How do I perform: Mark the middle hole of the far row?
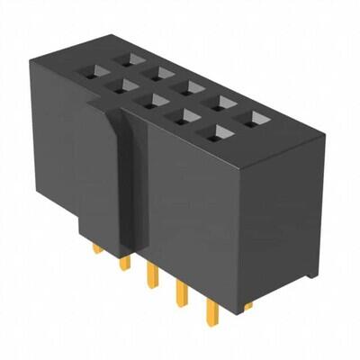[162, 71]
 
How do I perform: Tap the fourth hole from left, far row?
[191, 86]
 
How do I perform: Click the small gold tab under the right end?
[246, 305]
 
